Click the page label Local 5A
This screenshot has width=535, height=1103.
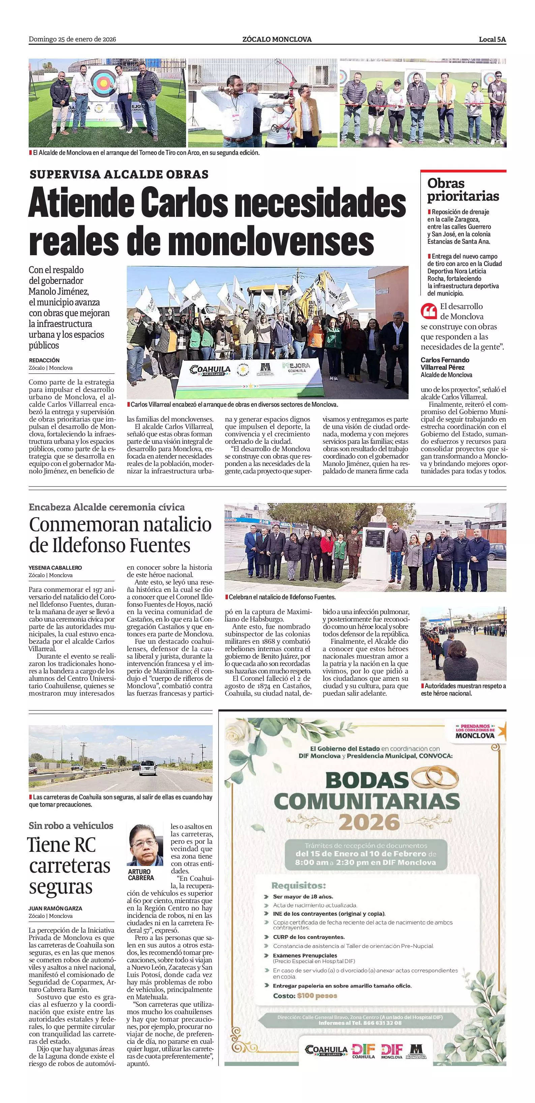492,39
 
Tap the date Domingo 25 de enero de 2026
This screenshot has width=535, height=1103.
72,39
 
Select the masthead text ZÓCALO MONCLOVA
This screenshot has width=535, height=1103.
277,39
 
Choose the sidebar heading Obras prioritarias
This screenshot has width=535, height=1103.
463,189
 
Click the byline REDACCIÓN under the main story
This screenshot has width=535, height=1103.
44,360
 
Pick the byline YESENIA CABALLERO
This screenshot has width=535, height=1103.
55,568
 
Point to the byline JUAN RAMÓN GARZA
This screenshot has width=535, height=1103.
55,908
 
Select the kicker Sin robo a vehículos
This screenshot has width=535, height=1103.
71,826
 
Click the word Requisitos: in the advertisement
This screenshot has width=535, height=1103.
298,885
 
